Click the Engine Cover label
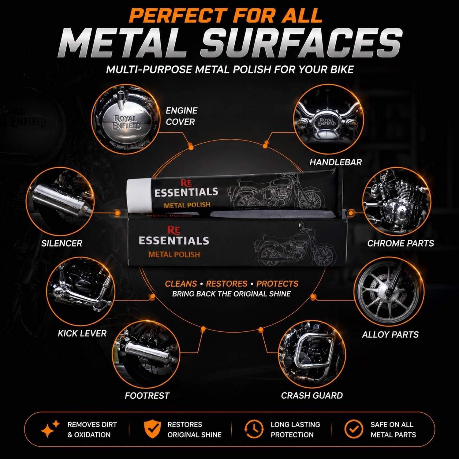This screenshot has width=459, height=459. click(x=181, y=116)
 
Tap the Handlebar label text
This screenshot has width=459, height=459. click(x=335, y=162)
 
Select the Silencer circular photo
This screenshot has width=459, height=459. click(x=61, y=201)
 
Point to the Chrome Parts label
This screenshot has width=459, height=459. click(x=401, y=243)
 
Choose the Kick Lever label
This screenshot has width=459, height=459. click(x=82, y=333)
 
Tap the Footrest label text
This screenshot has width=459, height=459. click(x=147, y=396)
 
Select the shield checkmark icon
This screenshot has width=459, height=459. click(x=152, y=429)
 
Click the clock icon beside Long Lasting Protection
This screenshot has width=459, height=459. click(x=254, y=429)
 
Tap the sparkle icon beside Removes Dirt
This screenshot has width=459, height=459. click(x=50, y=429)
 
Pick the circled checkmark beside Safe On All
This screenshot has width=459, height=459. click(x=354, y=429)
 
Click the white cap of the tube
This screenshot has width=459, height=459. click(x=140, y=196)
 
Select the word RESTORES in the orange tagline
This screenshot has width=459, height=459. click(x=226, y=284)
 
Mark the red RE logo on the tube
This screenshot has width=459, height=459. click(x=186, y=183)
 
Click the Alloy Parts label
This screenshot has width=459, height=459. click(x=390, y=334)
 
